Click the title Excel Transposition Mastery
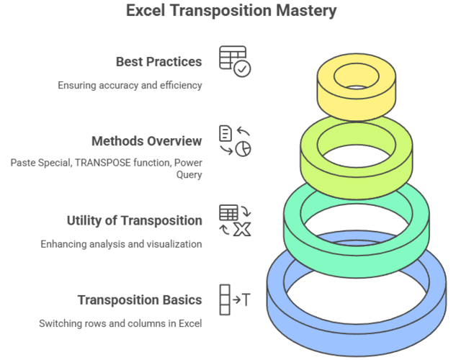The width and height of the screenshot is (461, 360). tap(231, 11)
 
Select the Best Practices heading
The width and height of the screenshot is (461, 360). tap(158, 62)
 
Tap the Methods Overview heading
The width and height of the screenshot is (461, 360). tap(147, 141)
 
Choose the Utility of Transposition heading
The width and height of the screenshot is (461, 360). tap(135, 221)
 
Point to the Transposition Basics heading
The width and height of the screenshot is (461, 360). tap(140, 300)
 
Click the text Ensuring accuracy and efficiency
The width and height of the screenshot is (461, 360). tap(130, 85)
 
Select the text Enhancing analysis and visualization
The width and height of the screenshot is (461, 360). tap(121, 244)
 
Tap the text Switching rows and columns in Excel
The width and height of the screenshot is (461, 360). tap(120, 323)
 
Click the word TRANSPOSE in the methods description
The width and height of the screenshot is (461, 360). tap(102, 163)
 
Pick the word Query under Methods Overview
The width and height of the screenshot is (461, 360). tap(189, 174)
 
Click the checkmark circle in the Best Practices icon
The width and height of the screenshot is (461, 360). tap(242, 69)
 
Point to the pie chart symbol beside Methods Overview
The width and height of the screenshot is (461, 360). tap(243, 149)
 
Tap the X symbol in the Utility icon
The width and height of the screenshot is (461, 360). tap(242, 229)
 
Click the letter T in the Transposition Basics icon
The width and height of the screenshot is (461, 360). tap(246, 300)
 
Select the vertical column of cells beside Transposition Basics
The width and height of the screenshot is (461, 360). tap(225, 300)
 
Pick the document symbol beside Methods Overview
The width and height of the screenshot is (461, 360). tap(225, 133)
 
